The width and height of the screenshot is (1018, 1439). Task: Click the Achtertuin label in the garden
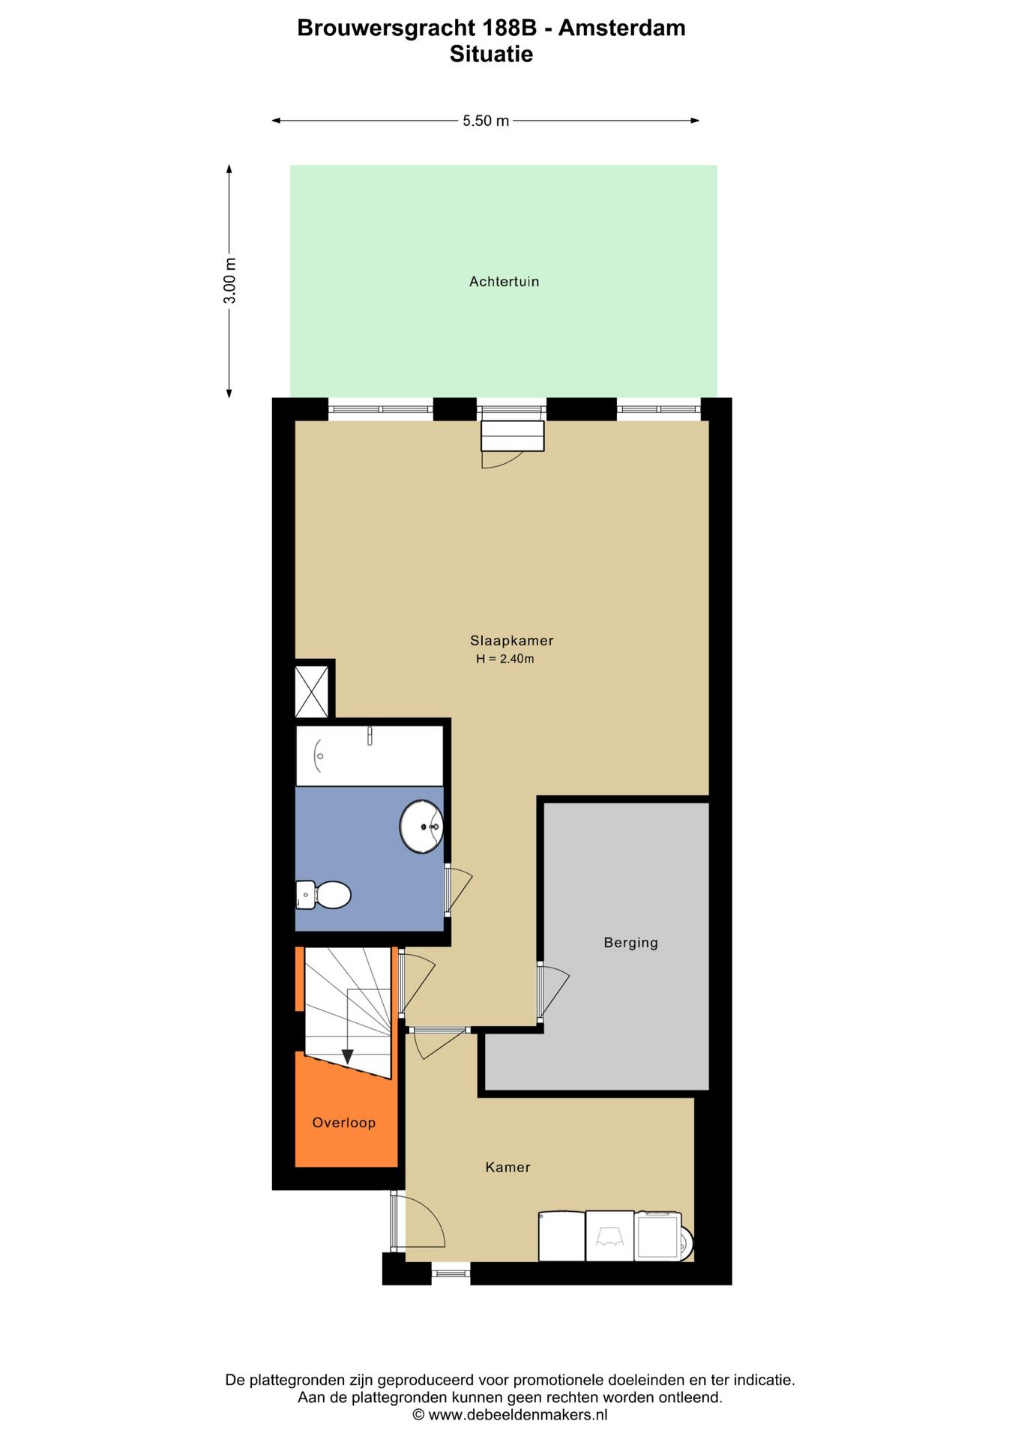pyautogui.click(x=504, y=282)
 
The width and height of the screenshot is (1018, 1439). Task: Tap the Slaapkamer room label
pyautogui.click(x=511, y=641)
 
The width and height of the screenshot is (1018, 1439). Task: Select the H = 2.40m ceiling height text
pyautogui.click(x=505, y=660)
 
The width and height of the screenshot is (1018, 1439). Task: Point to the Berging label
pyautogui.click(x=630, y=943)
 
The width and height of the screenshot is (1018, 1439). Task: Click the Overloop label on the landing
pyautogui.click(x=343, y=1123)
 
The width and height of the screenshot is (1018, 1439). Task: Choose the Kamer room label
pyautogui.click(x=508, y=1167)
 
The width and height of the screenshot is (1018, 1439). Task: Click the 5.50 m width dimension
pyautogui.click(x=485, y=121)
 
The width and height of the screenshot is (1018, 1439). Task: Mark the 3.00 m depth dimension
pyautogui.click(x=230, y=281)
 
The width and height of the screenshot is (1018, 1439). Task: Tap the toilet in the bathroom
pyautogui.click(x=324, y=894)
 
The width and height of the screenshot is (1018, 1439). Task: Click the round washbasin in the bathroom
pyautogui.click(x=421, y=827)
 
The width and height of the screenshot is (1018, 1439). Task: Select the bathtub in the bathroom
pyautogui.click(x=369, y=755)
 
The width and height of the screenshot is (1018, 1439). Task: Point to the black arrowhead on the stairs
pyautogui.click(x=347, y=1057)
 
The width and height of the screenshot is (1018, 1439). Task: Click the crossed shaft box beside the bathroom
pyautogui.click(x=312, y=691)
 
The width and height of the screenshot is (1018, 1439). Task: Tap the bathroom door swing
pyautogui.click(x=459, y=890)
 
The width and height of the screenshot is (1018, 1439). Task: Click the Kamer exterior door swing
pyautogui.click(x=420, y=1222)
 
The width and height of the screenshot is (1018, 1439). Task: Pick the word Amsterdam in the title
pyautogui.click(x=621, y=28)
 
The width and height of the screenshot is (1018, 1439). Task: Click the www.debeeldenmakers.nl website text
pyautogui.click(x=517, y=1415)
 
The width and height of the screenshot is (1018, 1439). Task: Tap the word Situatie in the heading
pyautogui.click(x=491, y=55)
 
